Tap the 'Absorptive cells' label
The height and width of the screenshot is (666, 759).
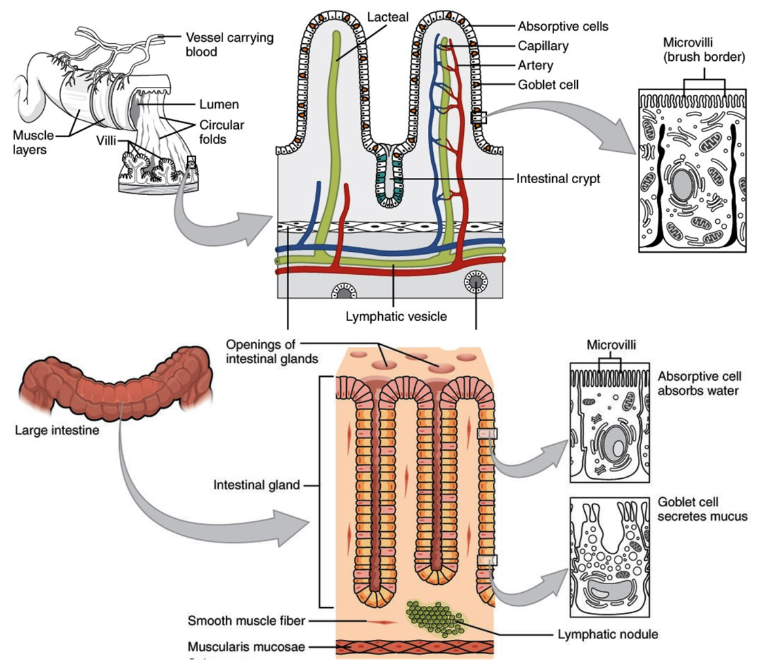563,27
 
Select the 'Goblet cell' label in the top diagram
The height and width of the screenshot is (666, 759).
548,84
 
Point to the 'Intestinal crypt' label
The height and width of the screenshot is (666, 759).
557,179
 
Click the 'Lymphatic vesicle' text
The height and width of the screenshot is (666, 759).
397,317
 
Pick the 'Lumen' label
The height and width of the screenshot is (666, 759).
219,105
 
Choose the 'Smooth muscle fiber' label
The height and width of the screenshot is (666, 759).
246,620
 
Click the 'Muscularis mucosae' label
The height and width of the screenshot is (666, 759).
246,647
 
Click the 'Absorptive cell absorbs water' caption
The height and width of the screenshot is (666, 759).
698,384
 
